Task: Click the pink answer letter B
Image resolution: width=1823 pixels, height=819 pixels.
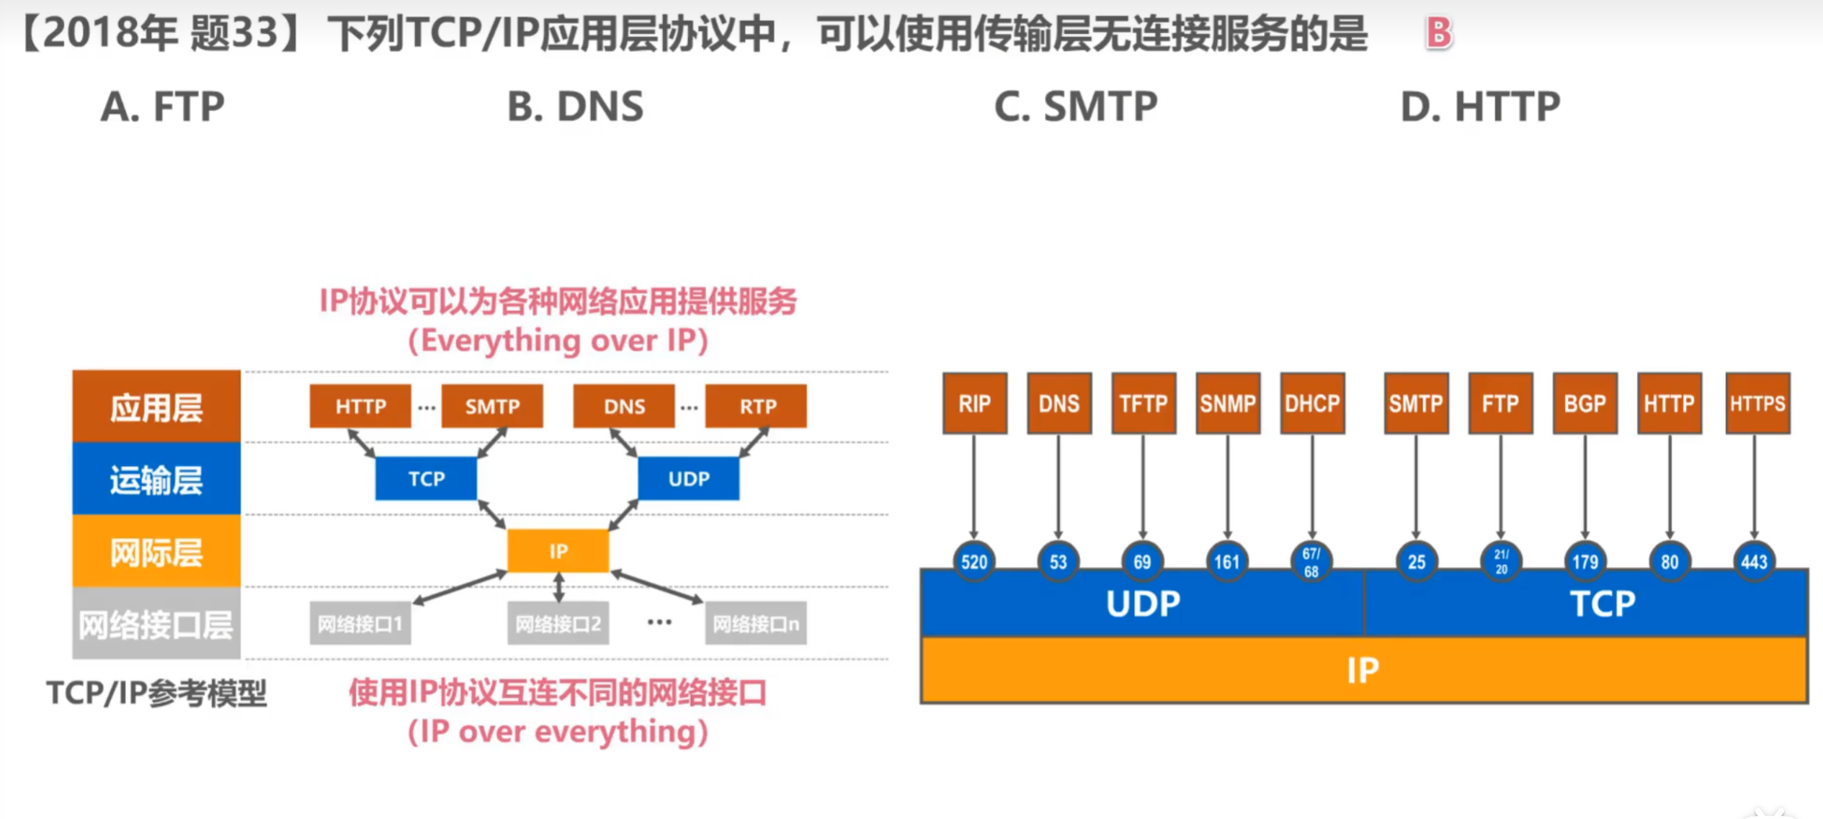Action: tap(1438, 32)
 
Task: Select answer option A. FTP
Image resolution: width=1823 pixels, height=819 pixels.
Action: tap(163, 107)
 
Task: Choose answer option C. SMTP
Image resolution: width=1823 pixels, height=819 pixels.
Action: tap(1075, 107)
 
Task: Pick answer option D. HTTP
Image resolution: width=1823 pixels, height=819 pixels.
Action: tap(1480, 107)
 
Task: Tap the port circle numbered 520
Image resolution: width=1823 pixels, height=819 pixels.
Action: tap(974, 561)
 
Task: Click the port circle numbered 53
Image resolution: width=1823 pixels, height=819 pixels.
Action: tap(1058, 561)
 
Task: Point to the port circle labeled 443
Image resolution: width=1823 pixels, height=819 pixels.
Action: tap(1754, 561)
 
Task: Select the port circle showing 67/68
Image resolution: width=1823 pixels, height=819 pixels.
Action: tap(1311, 562)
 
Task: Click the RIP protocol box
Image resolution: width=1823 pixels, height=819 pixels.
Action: tap(974, 403)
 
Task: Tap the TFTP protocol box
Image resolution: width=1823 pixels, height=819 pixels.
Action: tap(1144, 403)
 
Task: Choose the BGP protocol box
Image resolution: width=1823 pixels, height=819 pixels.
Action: tap(1585, 403)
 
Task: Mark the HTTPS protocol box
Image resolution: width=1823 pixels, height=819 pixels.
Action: tap(1757, 403)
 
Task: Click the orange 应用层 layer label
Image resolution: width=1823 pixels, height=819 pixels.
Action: tap(156, 407)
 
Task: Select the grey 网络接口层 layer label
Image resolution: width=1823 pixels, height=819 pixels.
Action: tap(156, 624)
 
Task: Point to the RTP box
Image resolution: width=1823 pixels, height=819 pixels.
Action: tap(757, 406)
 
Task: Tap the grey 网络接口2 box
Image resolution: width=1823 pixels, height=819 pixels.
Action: tap(558, 624)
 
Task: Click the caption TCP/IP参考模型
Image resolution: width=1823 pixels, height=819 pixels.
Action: tap(156, 693)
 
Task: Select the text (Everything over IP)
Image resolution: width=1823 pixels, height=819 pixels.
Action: tap(558, 341)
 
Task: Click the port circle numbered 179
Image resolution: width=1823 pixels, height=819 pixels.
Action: tap(1585, 561)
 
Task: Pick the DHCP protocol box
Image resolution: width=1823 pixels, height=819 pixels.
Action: tap(1312, 403)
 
